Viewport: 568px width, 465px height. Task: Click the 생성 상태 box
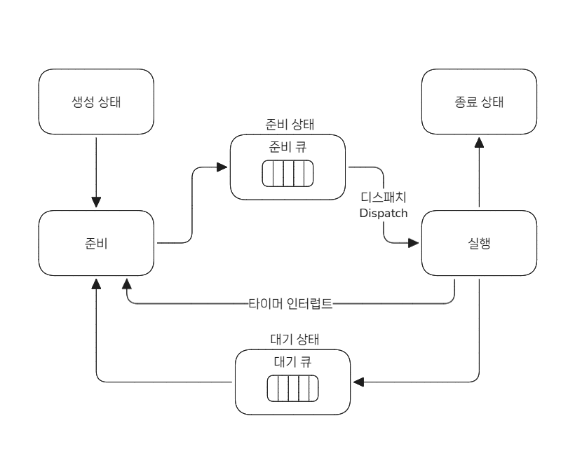96,102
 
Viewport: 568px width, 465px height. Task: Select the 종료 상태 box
479,102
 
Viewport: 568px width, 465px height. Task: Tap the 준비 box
96,244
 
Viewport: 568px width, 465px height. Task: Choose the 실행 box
479,244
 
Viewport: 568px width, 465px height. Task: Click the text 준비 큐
288,147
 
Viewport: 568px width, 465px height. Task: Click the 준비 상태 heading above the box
288,125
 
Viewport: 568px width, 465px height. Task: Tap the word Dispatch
383,213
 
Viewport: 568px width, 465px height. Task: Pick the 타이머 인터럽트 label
290,305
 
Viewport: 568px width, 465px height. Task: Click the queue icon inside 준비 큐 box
287,173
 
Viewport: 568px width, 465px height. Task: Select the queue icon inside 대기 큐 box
292,388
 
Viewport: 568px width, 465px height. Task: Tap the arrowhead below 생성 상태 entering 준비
96,204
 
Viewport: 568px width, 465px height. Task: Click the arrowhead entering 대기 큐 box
359,382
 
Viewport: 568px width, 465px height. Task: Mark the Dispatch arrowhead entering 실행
414,243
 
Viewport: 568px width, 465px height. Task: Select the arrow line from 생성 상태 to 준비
96,168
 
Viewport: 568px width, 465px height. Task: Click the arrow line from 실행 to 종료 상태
479,175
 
